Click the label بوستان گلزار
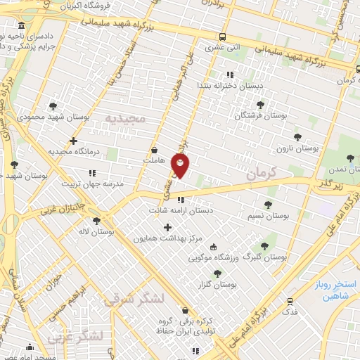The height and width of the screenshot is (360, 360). tap(217, 284)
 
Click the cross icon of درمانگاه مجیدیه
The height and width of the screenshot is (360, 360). tap(73, 141)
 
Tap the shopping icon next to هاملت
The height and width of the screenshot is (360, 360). tap(155, 150)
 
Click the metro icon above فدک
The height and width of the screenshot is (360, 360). tap(290, 300)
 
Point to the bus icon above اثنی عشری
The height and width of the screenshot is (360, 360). tap(222, 37)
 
